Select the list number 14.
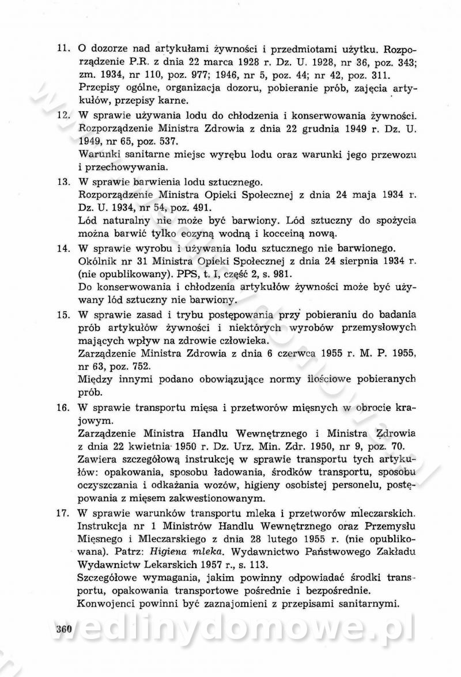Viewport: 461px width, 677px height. coord(63,248)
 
